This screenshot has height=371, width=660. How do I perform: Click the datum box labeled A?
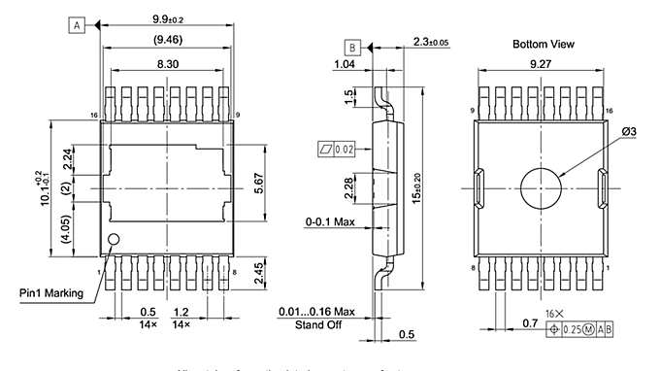click(77, 26)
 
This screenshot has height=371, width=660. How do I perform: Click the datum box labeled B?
click(353, 47)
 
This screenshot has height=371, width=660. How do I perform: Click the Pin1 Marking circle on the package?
click(114, 240)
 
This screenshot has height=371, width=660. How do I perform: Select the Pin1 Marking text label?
click(50, 292)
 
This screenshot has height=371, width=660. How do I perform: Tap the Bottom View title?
click(544, 44)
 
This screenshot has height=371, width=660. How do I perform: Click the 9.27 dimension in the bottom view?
click(541, 64)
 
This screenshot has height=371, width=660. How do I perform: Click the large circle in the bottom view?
click(542, 185)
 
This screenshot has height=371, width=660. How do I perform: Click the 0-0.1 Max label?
click(331, 221)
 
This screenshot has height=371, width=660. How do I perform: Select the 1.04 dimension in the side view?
click(344, 64)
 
